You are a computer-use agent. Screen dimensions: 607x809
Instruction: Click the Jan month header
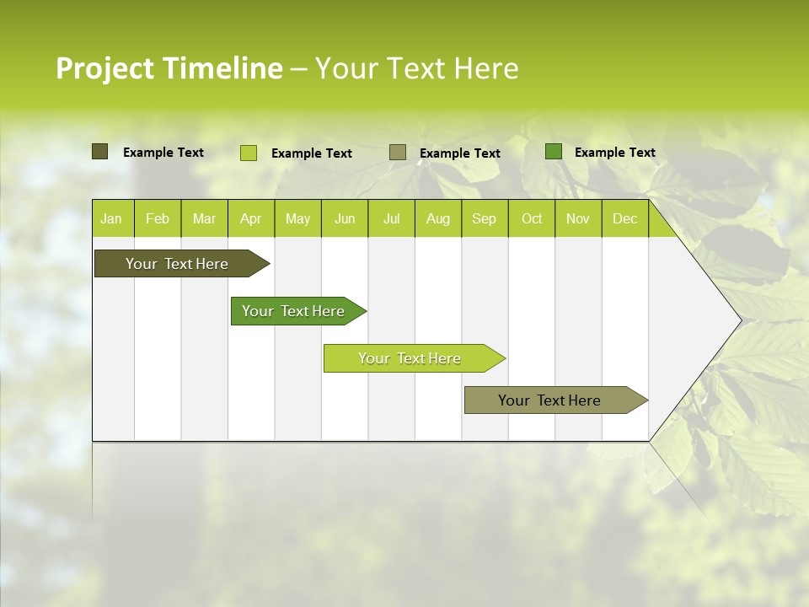click(x=112, y=218)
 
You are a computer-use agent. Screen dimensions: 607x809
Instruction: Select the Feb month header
click(x=158, y=218)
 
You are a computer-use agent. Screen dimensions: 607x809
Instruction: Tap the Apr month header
click(x=250, y=218)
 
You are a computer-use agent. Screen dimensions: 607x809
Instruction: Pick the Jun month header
click(x=345, y=218)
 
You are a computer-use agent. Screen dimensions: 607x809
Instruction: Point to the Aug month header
click(x=437, y=218)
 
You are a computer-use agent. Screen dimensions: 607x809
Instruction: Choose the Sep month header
click(x=484, y=218)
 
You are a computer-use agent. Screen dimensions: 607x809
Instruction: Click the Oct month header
click(x=532, y=218)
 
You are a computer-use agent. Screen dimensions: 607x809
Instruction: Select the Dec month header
click(x=624, y=218)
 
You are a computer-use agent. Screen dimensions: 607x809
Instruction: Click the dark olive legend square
click(x=99, y=152)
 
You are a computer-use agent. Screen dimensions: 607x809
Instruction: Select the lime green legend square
click(x=249, y=153)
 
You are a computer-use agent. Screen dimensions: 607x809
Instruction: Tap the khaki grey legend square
click(x=398, y=153)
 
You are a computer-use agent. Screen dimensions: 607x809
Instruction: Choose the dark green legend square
click(x=554, y=152)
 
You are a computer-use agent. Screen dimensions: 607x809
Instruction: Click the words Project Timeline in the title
click(x=169, y=68)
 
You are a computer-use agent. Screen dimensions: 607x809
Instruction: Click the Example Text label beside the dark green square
click(x=614, y=153)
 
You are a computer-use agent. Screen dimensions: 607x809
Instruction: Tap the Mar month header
click(x=204, y=218)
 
